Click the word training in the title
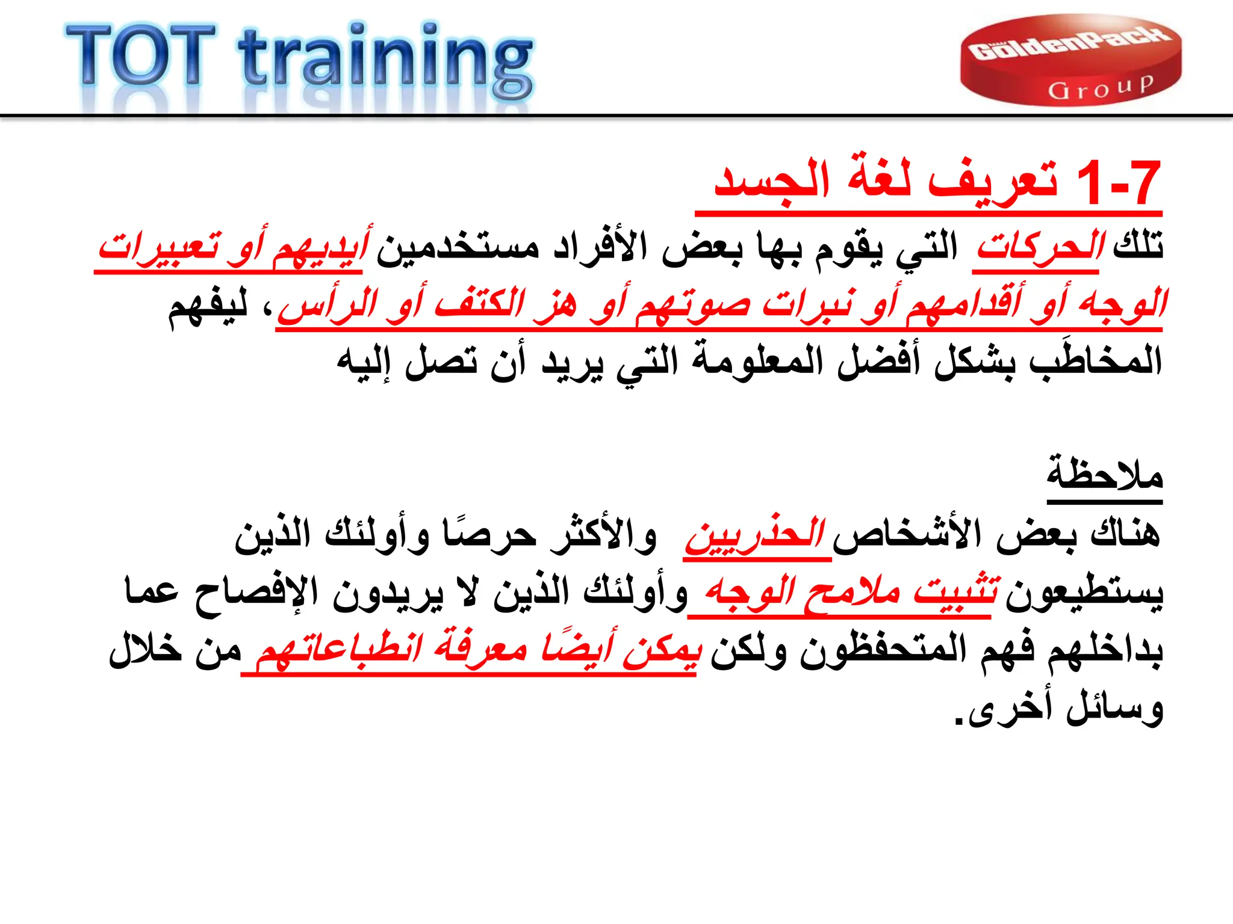coord(385,60)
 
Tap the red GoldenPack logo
coord(1070,60)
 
